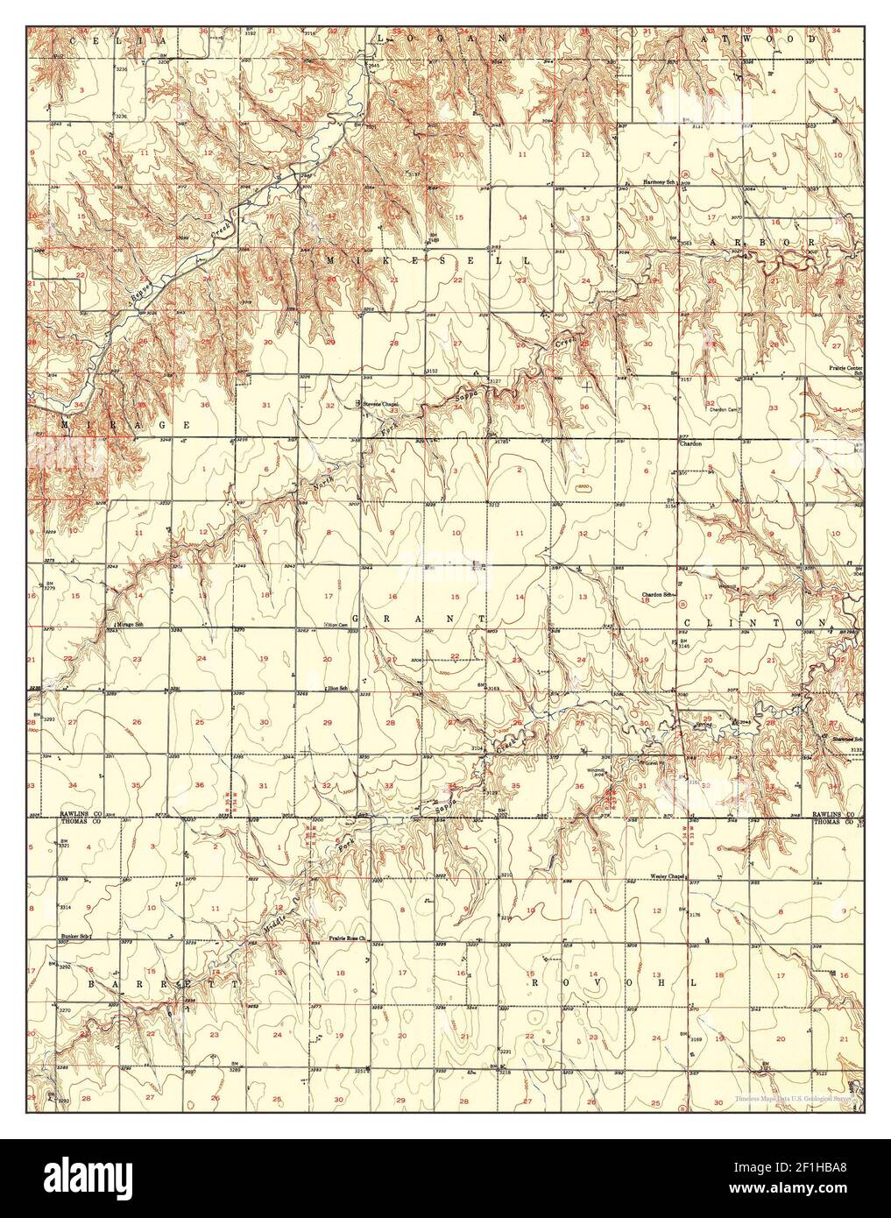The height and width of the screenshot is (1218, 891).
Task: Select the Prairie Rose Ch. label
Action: coord(351,944)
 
